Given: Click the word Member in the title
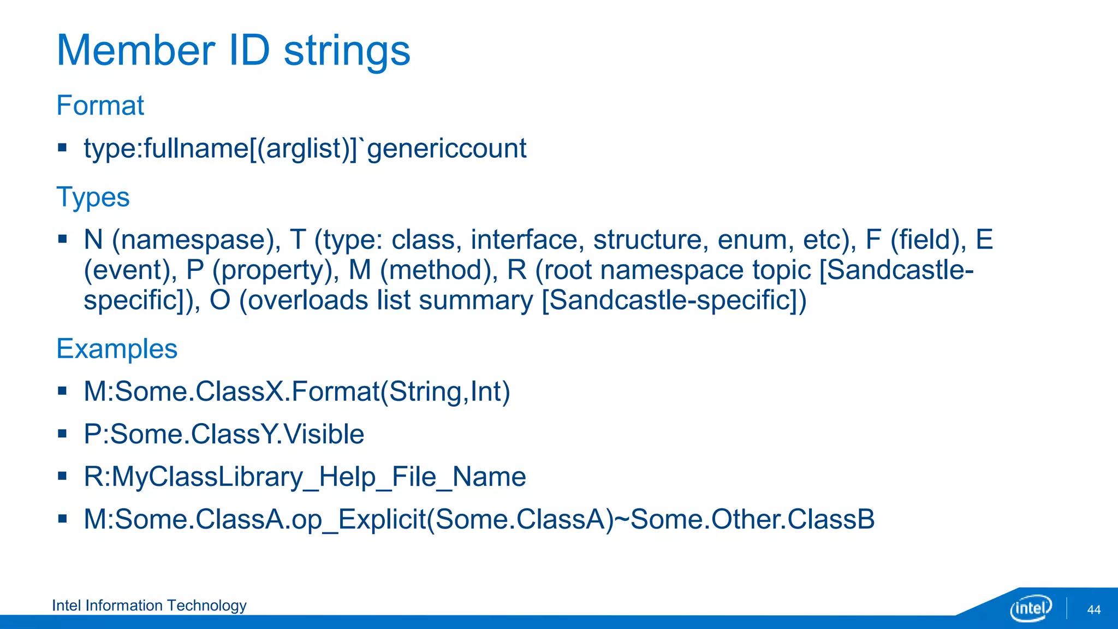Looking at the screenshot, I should [x=136, y=51].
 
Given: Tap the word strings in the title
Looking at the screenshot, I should [x=347, y=51].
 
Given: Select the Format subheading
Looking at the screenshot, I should [x=100, y=105].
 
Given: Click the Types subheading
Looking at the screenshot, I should [x=93, y=197].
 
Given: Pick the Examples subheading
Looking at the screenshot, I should [x=117, y=349].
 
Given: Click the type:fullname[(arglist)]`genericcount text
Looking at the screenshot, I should [x=305, y=149].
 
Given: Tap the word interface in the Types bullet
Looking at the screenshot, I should [x=525, y=240].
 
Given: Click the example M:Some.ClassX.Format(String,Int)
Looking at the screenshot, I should [x=296, y=392].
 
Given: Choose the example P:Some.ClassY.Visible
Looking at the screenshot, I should [x=224, y=435].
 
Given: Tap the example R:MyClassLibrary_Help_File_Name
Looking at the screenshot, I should [x=305, y=477].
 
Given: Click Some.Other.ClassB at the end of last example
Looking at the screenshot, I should [x=752, y=519].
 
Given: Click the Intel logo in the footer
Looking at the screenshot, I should [x=1030, y=608].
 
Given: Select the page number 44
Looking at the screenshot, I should [x=1093, y=610].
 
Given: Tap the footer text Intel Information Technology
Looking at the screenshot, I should [x=149, y=606].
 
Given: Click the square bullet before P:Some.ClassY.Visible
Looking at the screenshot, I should [x=62, y=434].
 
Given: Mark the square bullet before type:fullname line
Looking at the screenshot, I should [x=62, y=147].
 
